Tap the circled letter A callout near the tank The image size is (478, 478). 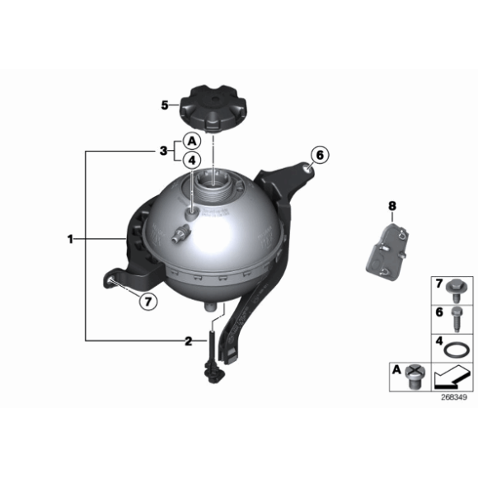point(192,141)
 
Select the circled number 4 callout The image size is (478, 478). point(192,160)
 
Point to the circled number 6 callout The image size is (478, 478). point(320,155)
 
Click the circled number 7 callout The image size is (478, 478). point(148,302)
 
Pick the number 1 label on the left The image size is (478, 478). point(70,239)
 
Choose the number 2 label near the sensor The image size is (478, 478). point(189,341)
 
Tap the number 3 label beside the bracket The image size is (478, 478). point(164,151)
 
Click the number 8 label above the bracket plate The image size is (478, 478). point(392,206)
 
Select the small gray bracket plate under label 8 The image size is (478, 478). point(387,252)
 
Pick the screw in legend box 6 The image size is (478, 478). point(457,320)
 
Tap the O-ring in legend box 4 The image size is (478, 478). point(455,350)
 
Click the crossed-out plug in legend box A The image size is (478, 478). point(415,377)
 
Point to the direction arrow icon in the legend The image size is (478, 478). point(452,377)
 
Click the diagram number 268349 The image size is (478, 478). point(454,397)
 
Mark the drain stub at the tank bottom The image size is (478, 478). point(211,307)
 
